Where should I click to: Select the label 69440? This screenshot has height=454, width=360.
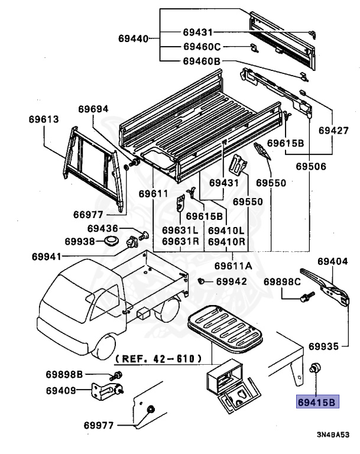(x=134, y=38)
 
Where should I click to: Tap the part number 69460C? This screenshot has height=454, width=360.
(x=201, y=47)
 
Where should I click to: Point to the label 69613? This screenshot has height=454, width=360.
(x=43, y=119)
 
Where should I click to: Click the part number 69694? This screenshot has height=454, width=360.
(x=94, y=109)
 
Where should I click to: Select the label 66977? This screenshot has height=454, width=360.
(x=88, y=215)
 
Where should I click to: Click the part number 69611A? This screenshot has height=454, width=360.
(x=233, y=265)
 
